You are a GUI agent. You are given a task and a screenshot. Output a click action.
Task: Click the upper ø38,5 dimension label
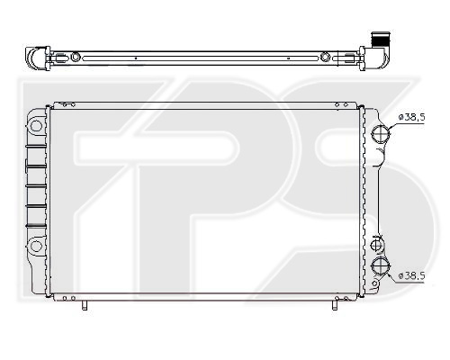[x=411, y=117]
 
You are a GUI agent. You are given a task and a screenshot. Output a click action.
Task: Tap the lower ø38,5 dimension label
[x=411, y=275]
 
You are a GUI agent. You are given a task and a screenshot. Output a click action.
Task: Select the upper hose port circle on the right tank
[x=381, y=134]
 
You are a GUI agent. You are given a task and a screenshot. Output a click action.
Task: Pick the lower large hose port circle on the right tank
[x=381, y=265]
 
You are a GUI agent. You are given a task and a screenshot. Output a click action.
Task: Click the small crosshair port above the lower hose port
[x=377, y=246]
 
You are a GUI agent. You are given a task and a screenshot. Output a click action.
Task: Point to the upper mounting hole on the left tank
[x=36, y=126]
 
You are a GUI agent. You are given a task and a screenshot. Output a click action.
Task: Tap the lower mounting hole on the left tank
[x=36, y=247]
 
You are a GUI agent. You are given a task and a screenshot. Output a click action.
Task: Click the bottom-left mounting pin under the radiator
[x=85, y=305]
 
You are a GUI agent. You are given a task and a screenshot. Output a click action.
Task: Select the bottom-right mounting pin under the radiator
[x=334, y=305]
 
